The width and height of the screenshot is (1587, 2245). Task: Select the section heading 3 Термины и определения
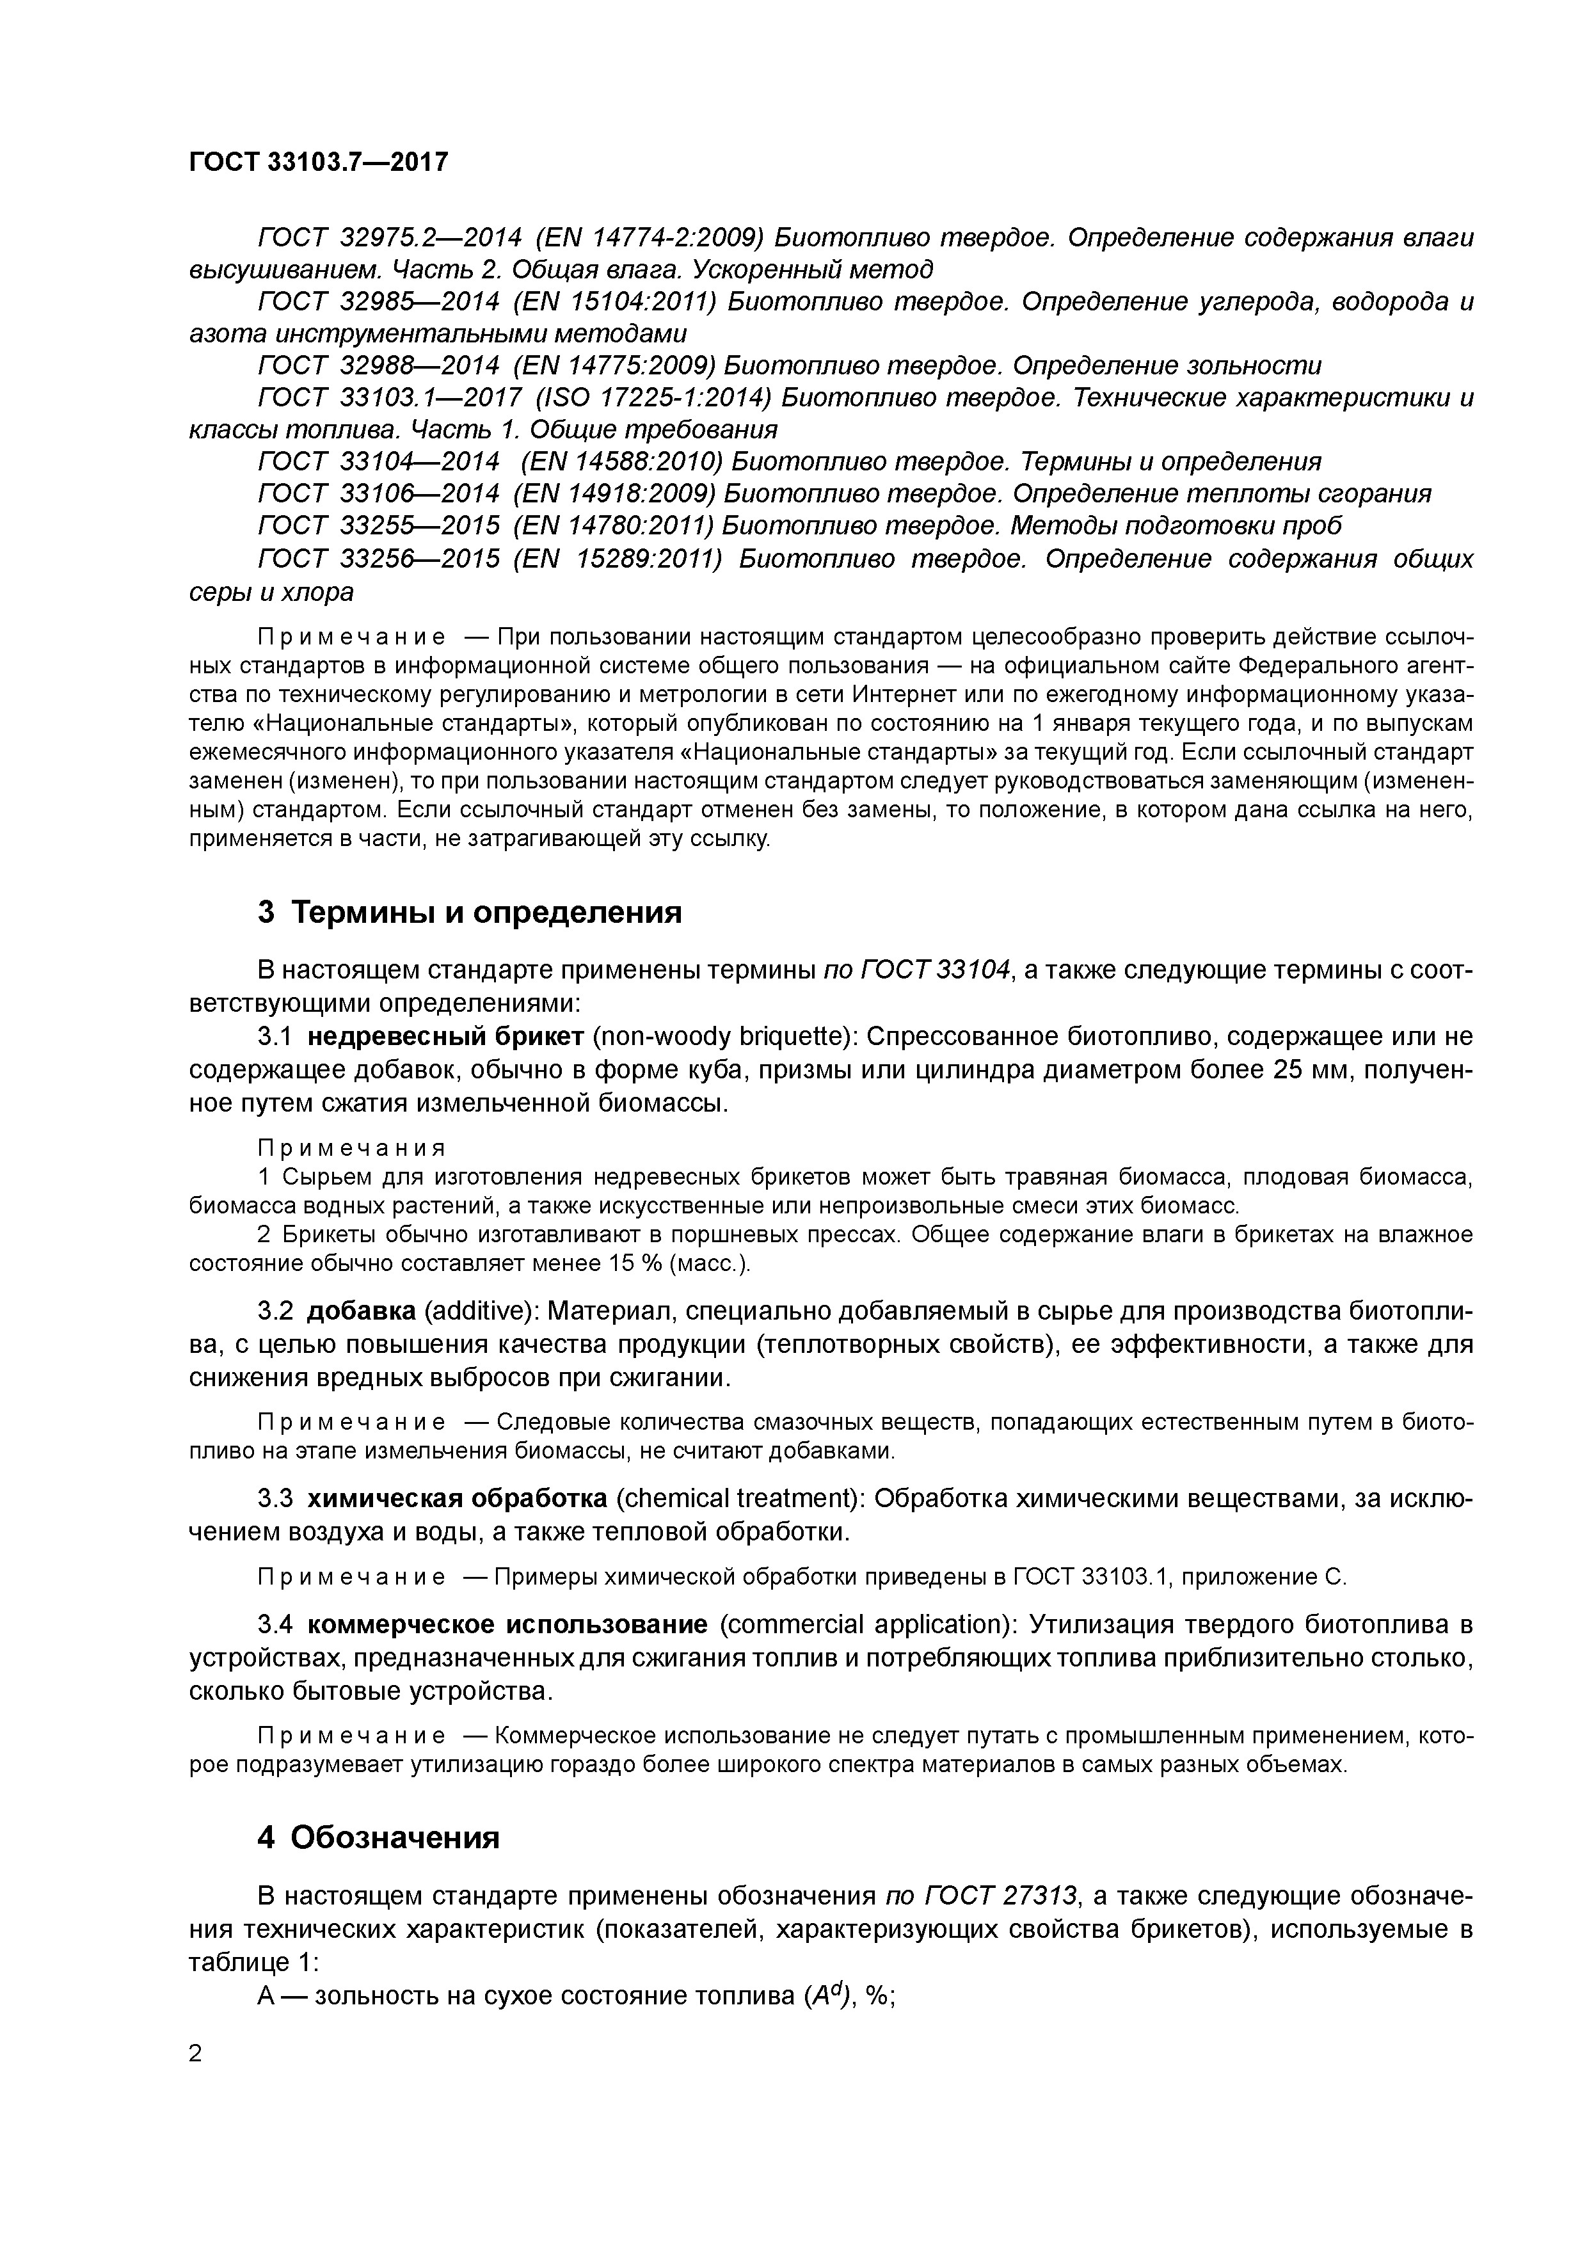(469, 913)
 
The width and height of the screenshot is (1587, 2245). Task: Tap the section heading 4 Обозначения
(378, 1837)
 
